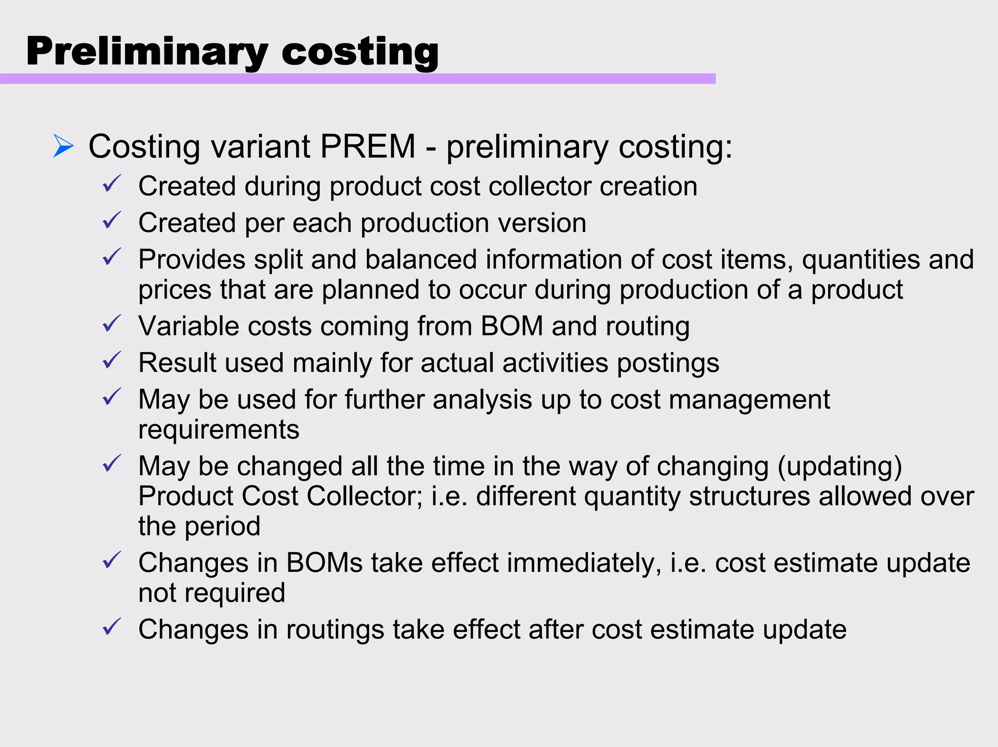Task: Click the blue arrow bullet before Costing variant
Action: (63, 146)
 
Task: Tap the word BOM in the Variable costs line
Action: (512, 326)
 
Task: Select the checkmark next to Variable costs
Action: (112, 324)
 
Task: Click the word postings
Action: (668, 363)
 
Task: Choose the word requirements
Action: (219, 430)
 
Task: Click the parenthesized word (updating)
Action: (840, 466)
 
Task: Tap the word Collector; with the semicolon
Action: (365, 496)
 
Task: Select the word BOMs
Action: (324, 563)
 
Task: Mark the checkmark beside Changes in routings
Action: (112, 627)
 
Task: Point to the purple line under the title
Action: (358, 78)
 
